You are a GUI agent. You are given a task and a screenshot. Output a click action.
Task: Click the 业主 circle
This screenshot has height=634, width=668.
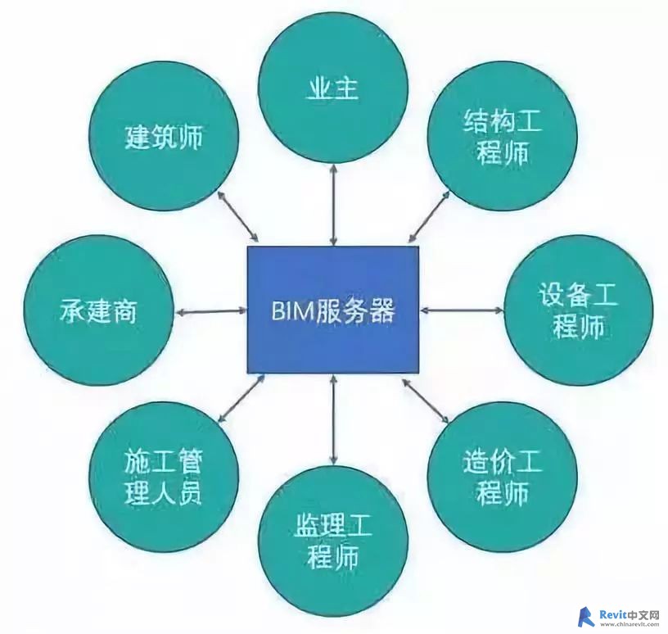tap(333, 89)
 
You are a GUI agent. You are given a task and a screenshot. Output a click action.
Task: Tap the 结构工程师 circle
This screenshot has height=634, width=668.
tap(503, 137)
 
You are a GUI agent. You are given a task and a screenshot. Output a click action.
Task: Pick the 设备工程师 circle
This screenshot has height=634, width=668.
tap(579, 310)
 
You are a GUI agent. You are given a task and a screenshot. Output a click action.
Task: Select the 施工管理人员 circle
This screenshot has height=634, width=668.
tap(165, 478)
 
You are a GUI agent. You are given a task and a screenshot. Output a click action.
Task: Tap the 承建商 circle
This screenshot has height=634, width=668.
tap(99, 310)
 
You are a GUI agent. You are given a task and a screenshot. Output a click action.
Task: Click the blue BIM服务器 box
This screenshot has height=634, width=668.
tap(333, 310)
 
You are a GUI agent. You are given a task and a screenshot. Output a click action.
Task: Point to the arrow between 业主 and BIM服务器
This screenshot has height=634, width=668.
tap(333, 206)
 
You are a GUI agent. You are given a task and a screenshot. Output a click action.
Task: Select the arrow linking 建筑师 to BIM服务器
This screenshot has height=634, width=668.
tap(237, 215)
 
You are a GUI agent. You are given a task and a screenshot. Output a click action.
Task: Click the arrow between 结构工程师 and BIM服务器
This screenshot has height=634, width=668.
tap(429, 216)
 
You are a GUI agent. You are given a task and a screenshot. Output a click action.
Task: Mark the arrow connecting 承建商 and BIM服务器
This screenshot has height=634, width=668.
tap(211, 311)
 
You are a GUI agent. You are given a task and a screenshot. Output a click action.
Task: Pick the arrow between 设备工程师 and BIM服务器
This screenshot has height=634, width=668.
tap(462, 310)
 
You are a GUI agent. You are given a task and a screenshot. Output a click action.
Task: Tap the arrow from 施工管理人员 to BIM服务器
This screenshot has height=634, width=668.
tap(241, 398)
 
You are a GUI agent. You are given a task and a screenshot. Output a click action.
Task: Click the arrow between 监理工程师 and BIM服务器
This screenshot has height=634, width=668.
tap(333, 419)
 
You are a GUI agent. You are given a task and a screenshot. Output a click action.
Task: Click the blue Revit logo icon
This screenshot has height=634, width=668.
tap(586, 617)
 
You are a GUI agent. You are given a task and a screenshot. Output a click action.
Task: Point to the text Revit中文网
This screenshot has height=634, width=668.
tap(630, 614)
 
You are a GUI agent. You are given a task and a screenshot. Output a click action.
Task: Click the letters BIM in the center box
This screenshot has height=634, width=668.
tap(287, 311)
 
